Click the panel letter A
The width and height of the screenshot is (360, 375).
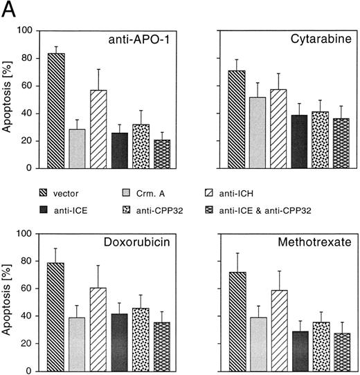click(9, 9)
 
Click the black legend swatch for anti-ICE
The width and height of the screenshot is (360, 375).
click(42, 210)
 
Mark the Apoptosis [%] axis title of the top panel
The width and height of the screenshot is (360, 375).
click(8, 99)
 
